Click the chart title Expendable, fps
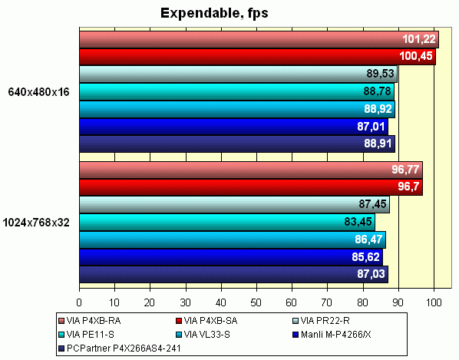[x=211, y=13]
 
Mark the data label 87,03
[x=371, y=274]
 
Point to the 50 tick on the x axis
[x=256, y=302]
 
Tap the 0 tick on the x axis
[x=79, y=302]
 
